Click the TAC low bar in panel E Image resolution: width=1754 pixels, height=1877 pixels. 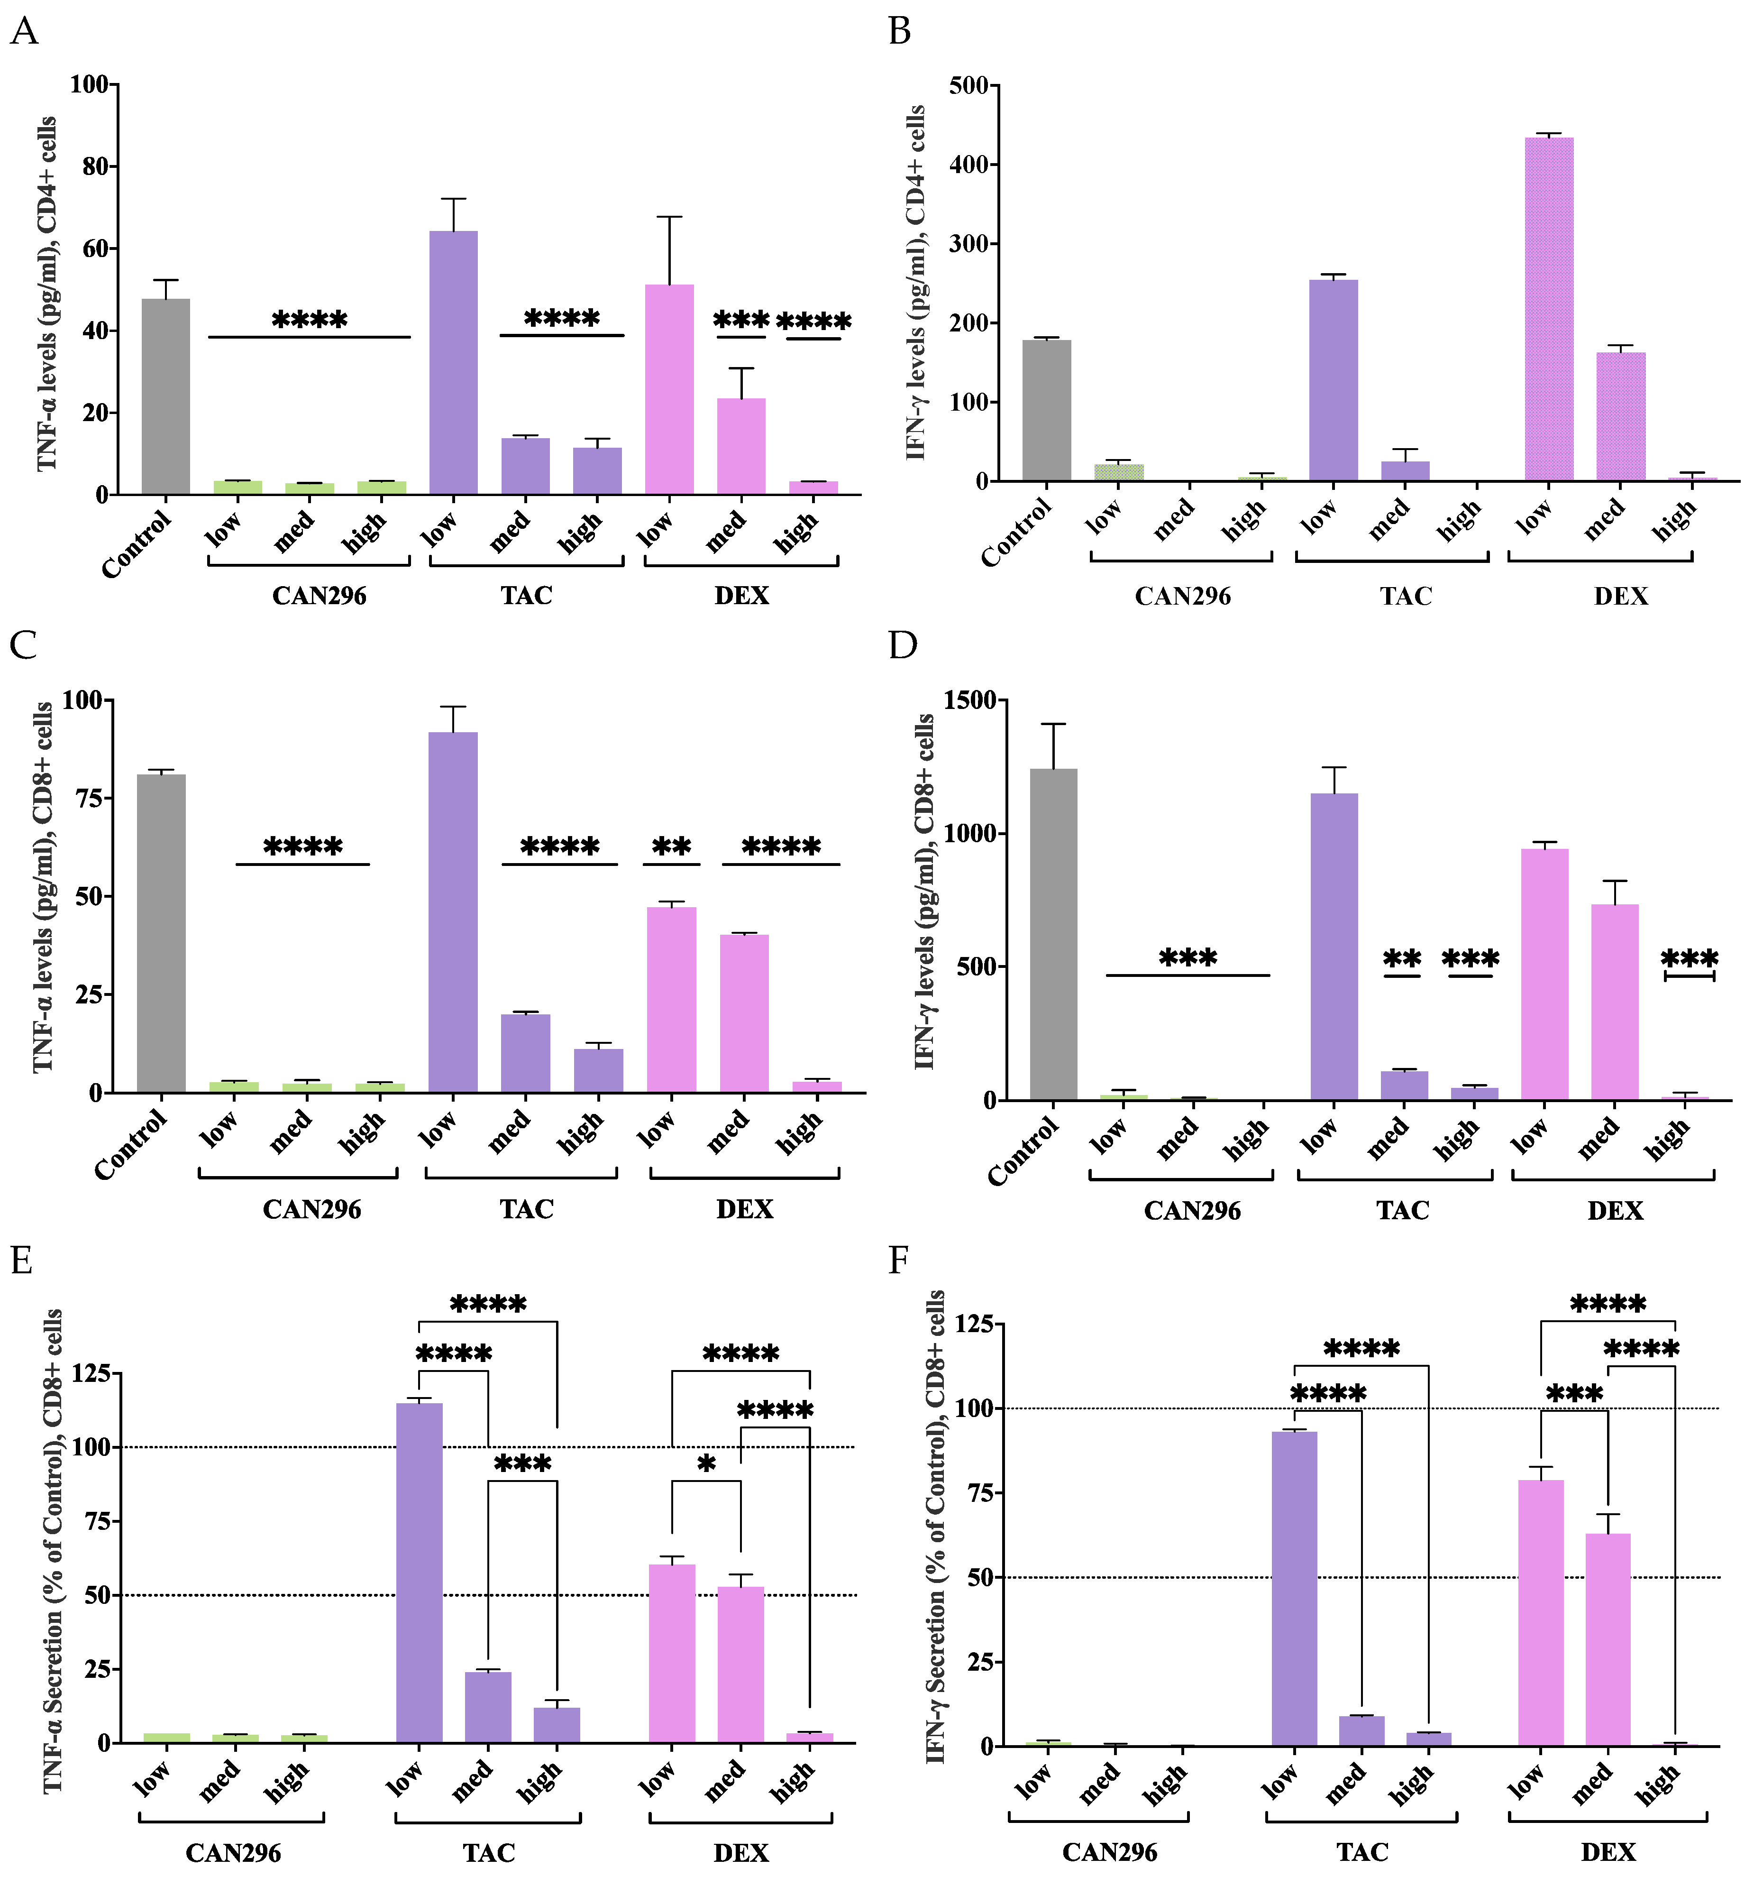419,1572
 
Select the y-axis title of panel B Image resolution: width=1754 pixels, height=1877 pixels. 915,283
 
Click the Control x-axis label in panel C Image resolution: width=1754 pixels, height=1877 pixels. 131,1144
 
